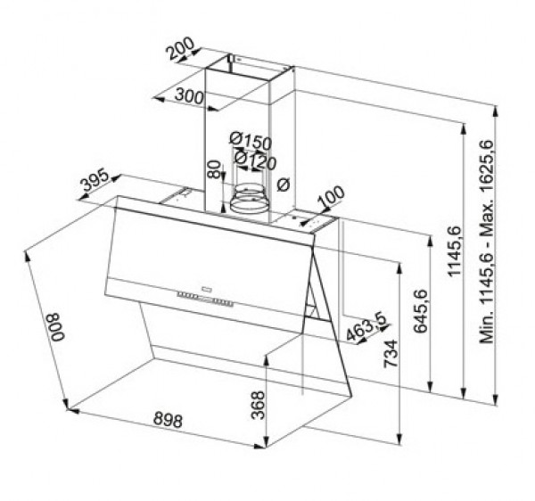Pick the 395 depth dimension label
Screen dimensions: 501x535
pyautogui.click(x=95, y=184)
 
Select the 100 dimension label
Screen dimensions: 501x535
pyautogui.click(x=329, y=195)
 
